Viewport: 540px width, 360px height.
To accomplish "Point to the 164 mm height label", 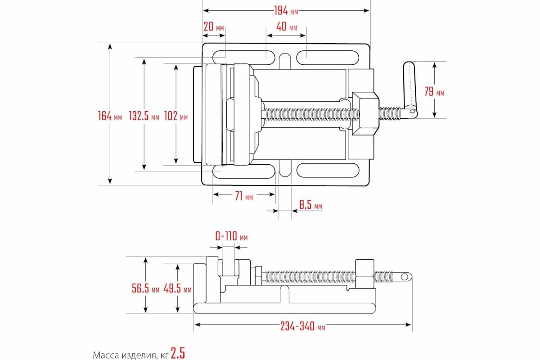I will tap(110, 116).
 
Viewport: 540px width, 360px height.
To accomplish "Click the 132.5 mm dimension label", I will tap(144, 116).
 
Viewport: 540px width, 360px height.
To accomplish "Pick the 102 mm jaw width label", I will tap(176, 116).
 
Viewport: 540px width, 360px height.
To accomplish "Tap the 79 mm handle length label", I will tap(434, 92).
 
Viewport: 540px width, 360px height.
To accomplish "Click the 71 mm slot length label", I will tap(243, 196).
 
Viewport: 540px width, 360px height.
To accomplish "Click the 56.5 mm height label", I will tap(145, 288).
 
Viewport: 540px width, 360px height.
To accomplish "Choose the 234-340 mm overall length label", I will tap(302, 326).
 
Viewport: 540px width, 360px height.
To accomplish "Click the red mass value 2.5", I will tap(178, 353).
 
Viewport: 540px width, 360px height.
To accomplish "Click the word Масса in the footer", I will tap(104, 355).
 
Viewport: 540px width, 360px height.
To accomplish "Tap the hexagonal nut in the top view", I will tap(365, 114).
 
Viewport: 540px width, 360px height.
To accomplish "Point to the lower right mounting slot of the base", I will tap(327, 170).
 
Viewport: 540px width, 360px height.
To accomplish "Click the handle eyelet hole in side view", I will tap(405, 276).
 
